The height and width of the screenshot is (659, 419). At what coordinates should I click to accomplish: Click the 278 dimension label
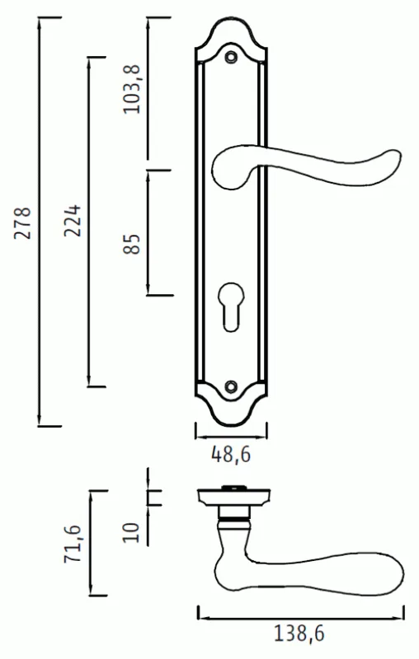click(x=23, y=222)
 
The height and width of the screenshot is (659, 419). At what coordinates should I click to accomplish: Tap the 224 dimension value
click(x=72, y=221)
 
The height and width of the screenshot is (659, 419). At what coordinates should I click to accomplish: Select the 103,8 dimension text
click(x=132, y=89)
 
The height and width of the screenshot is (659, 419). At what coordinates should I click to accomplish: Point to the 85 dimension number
click(x=132, y=244)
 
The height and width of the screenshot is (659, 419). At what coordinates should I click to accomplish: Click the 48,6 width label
click(x=231, y=455)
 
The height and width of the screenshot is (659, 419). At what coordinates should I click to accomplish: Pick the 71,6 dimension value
click(x=72, y=544)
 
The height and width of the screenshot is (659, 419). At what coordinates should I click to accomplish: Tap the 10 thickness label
click(x=131, y=533)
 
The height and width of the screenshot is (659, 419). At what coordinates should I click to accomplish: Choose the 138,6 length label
click(x=299, y=633)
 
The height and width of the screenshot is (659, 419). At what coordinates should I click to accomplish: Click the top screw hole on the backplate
click(x=231, y=57)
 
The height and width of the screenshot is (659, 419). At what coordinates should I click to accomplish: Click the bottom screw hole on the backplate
click(x=231, y=386)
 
